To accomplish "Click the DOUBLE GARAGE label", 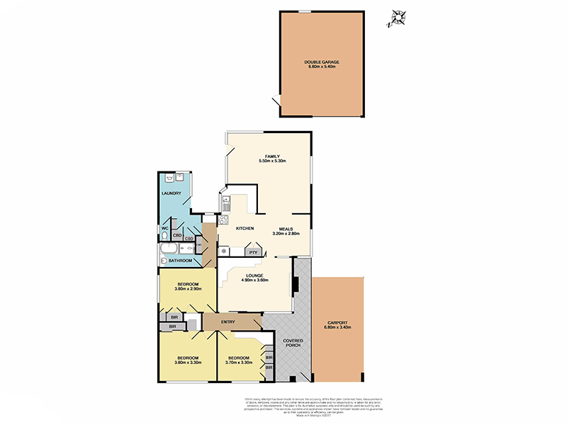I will (322, 62).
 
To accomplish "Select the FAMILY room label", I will (271, 156).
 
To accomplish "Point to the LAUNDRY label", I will (172, 193).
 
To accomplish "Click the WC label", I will (164, 228).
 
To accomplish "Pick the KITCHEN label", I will (245, 228).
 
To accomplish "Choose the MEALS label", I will (286, 229).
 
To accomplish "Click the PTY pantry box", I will (252, 251).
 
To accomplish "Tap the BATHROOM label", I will (179, 261).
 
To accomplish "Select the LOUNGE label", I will (255, 276).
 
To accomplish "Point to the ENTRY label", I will (228, 322).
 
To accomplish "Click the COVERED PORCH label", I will (293, 344).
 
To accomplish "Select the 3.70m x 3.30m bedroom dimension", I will (239, 363).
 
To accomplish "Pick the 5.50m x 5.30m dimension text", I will (271, 161).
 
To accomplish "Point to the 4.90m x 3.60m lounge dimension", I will (255, 280).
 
